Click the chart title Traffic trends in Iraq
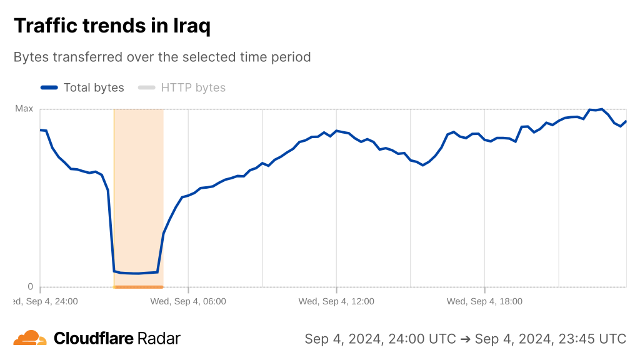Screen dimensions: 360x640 click(112, 26)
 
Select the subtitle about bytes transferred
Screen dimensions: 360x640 click(162, 57)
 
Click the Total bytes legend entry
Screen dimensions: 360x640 click(94, 87)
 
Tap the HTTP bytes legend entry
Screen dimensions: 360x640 click(193, 87)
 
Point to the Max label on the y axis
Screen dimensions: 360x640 click(24, 109)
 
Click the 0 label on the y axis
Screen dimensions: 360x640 click(29, 287)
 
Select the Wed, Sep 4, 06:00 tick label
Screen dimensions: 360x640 click(187, 301)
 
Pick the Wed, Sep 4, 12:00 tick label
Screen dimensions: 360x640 click(336, 301)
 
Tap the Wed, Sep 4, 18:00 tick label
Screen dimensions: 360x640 click(484, 301)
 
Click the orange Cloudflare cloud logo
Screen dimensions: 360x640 click(30, 338)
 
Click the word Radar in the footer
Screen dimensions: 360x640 click(159, 339)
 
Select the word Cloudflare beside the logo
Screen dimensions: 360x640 click(94, 339)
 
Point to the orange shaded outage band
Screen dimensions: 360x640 click(138, 187)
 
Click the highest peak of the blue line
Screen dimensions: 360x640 click(601, 109)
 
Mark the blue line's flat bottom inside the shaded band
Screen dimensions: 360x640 click(137, 273)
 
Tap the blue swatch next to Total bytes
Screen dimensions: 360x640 click(49, 87)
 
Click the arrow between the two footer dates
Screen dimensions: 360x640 click(465, 339)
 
